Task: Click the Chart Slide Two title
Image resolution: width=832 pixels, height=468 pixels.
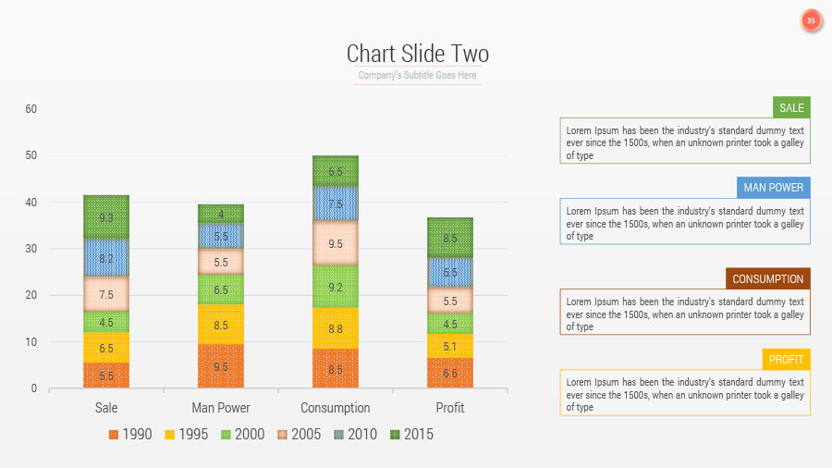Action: pos(417,54)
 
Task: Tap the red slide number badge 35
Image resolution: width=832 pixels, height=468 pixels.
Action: pos(811,20)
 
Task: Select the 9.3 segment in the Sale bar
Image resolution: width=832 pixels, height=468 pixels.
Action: pos(106,217)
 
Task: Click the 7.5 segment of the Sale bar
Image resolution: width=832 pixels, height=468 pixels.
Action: pos(106,294)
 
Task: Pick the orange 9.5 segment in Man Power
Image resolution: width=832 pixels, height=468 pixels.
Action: pos(221,366)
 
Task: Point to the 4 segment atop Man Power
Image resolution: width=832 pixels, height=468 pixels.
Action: pos(221,214)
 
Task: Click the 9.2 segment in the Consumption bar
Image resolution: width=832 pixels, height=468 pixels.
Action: pos(336,287)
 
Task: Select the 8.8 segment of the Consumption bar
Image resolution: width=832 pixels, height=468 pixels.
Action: pos(336,328)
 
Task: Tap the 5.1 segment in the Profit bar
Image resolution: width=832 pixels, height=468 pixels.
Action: pos(450,347)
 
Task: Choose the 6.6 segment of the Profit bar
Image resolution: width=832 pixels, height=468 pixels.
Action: pos(450,373)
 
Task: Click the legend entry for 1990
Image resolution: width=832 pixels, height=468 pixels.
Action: pos(130,434)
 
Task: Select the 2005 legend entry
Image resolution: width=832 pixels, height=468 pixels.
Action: pos(300,434)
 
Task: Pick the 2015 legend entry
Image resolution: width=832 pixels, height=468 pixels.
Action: pos(411,434)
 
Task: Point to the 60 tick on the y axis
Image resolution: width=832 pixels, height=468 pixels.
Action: pos(31,109)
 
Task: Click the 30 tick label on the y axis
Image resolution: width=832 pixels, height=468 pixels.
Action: pos(31,249)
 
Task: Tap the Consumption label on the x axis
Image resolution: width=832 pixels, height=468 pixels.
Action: pos(336,408)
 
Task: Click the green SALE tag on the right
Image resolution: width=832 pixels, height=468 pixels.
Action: pos(791,107)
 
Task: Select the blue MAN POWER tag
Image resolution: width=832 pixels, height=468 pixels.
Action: pos(775,188)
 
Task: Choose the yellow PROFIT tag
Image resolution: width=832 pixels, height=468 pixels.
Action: pos(786,359)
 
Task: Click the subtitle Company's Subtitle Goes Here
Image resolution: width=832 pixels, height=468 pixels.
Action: pos(417,76)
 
